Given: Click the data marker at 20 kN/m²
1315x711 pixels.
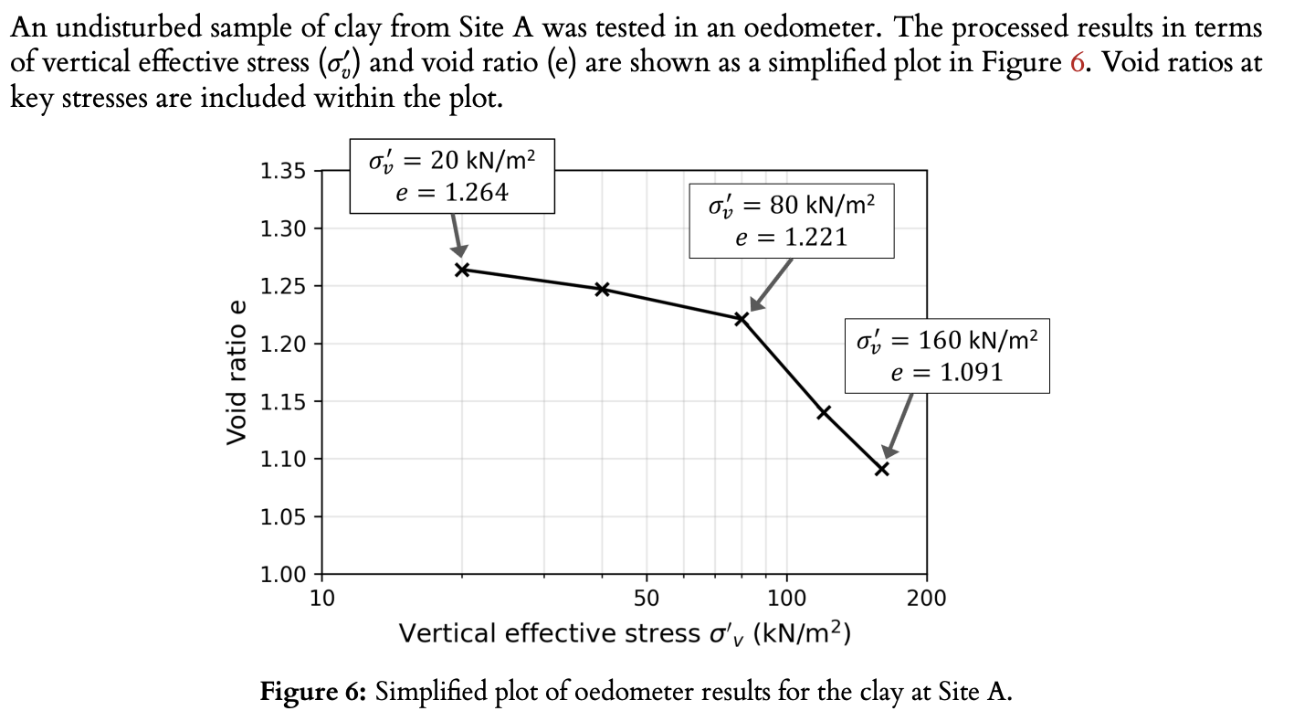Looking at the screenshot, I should [x=462, y=270].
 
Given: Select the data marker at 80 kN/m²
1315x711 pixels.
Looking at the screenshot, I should [x=742, y=319].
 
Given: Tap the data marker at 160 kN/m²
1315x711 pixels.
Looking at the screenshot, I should [x=882, y=469].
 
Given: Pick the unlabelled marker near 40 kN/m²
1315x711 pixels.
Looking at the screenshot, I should [x=602, y=289].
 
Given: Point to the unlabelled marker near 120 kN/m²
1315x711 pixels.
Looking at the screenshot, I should [x=824, y=412].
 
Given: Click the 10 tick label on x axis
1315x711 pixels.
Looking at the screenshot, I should [x=322, y=599].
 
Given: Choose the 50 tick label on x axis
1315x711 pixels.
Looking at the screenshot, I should [x=647, y=599].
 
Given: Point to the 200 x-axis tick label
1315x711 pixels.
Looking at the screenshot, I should [x=927, y=599].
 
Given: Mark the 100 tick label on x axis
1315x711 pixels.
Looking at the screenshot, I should [x=786, y=599].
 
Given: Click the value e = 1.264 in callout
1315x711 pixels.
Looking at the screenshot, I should [x=451, y=193].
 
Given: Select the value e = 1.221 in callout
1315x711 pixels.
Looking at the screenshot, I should [x=791, y=238].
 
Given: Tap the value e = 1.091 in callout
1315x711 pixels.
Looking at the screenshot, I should [x=946, y=372].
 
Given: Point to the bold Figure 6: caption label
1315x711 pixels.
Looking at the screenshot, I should [x=314, y=691].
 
